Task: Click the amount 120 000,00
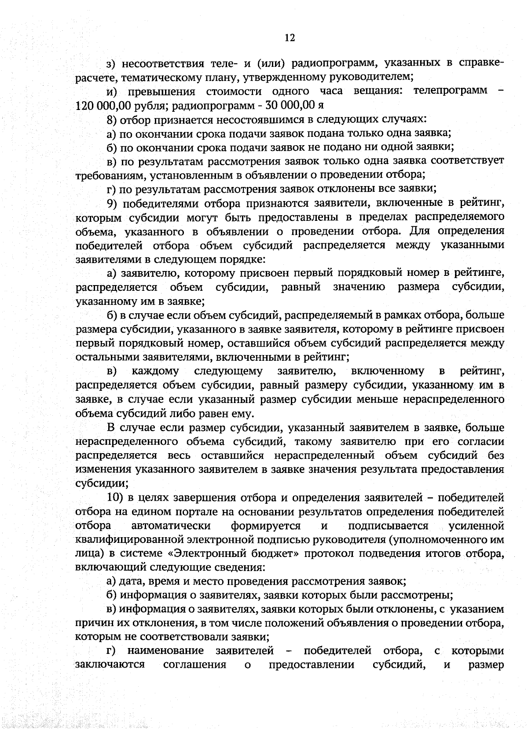(x=99, y=106)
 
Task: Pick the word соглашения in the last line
(x=194, y=664)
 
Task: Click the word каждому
(x=155, y=371)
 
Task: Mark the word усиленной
(x=476, y=526)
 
